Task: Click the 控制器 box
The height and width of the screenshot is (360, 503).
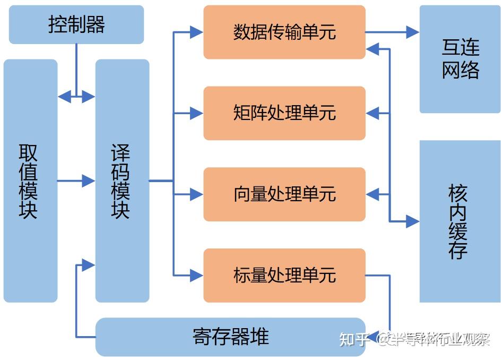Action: coord(76,24)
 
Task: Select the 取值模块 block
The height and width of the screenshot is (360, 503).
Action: coord(30,181)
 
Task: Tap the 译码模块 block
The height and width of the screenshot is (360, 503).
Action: coord(122,181)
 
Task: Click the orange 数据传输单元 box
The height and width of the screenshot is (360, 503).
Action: coord(284,32)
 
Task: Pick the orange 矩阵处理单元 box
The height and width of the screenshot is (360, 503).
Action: coord(284,113)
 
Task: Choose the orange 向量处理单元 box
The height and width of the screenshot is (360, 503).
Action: coord(284,194)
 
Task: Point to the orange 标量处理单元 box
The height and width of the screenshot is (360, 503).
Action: coord(284,275)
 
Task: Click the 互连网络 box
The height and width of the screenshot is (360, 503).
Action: coord(460,59)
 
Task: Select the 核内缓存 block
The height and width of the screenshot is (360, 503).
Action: coord(460,221)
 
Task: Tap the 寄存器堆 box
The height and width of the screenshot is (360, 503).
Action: coord(230,337)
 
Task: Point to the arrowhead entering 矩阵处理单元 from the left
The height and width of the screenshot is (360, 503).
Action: coord(197,113)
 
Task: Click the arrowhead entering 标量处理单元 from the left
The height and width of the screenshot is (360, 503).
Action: coord(197,275)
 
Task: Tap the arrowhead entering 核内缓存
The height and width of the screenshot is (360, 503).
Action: coord(413,221)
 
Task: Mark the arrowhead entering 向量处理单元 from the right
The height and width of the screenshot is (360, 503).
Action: coord(373,194)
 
